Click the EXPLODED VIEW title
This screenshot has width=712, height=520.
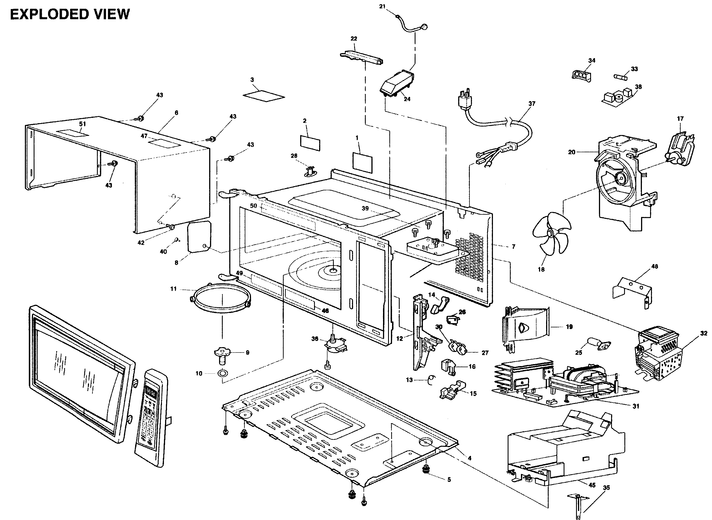coord(70,14)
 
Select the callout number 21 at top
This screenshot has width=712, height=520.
coord(382,6)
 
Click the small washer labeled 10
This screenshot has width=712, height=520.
coord(223,374)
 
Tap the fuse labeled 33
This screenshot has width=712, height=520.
coord(620,77)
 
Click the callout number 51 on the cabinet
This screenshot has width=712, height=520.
coord(82,124)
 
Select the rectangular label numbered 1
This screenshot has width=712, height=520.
coord(362,162)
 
